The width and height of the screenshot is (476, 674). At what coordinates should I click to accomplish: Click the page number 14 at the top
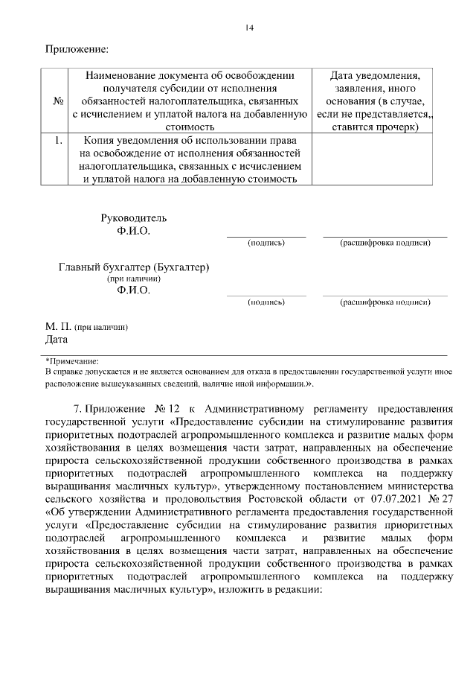point(249,28)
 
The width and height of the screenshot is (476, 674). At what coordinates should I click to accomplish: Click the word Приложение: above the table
point(77,50)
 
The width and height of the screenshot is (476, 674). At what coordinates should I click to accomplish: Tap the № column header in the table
point(57,101)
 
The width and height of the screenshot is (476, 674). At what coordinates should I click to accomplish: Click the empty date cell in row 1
point(367,159)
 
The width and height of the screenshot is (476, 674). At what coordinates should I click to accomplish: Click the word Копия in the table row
point(98,140)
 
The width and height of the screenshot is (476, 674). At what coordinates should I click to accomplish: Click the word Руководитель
point(134,218)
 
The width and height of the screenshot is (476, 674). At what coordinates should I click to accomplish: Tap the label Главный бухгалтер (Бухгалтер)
point(134,267)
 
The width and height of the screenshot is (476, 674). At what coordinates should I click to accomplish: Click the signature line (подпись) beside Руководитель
point(266,236)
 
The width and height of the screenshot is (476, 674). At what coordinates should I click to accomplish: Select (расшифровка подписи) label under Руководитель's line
point(385,243)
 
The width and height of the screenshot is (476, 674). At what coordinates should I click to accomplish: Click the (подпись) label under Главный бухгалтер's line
point(266,302)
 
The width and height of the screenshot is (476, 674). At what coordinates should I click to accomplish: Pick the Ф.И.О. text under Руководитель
point(134,231)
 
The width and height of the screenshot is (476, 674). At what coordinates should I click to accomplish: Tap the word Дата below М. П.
point(57,340)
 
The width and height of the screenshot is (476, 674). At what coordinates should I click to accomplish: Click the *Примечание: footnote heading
point(72,360)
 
